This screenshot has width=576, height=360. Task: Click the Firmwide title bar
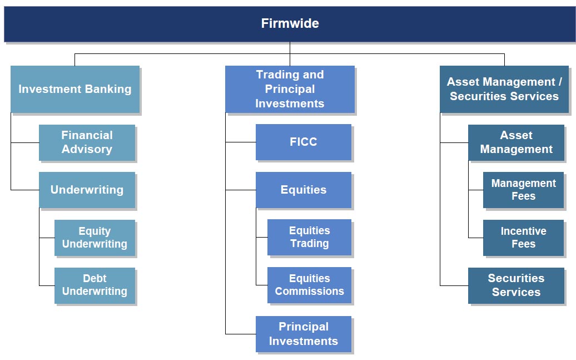pos(290,24)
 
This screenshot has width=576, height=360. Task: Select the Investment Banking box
pos(75,89)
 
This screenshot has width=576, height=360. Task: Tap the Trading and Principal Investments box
pos(290,89)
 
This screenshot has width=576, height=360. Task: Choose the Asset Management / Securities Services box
pos(504,89)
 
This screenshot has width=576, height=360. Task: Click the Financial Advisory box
pos(87,142)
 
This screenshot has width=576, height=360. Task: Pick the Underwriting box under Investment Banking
pos(87,190)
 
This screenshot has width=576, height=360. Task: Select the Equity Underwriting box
pos(95,238)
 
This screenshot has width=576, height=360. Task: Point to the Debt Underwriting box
pos(95,285)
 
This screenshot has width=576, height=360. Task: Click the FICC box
pos(304,142)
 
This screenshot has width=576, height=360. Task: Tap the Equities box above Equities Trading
pos(304,190)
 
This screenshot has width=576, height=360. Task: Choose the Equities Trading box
pos(309,237)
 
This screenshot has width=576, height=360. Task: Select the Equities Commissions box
pos(309,285)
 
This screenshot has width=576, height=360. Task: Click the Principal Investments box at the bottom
pos(304,334)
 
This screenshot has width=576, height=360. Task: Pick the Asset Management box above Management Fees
pos(516,142)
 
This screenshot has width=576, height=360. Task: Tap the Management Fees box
pos(524,190)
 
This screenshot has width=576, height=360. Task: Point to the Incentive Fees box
pos(524,238)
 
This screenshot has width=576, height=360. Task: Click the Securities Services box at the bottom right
pos(516,285)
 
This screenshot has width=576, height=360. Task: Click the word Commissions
pos(309,291)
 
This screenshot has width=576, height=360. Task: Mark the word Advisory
pos(87,149)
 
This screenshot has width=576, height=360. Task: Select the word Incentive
pos(524,231)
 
